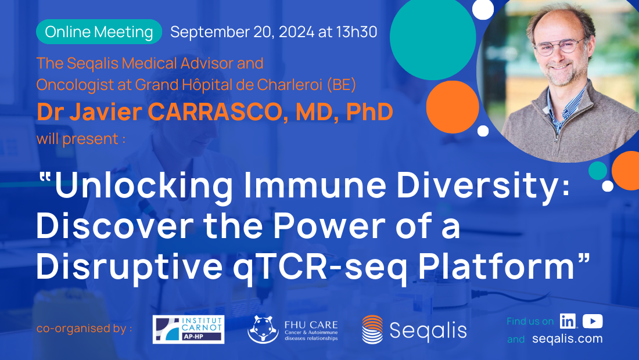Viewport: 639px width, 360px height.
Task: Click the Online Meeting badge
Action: click(99, 32)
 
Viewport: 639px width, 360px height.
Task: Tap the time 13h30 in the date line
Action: click(356, 32)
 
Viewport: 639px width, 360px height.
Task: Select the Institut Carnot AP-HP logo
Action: click(188, 329)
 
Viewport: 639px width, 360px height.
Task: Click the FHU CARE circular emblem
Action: click(263, 329)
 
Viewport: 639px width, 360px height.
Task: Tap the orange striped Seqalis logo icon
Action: click(372, 330)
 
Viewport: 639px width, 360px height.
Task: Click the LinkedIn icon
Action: click(568, 321)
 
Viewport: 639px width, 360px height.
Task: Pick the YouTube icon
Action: click(593, 321)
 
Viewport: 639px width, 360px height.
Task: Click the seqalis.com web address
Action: click(567, 339)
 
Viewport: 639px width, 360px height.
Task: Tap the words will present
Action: click(81, 139)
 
